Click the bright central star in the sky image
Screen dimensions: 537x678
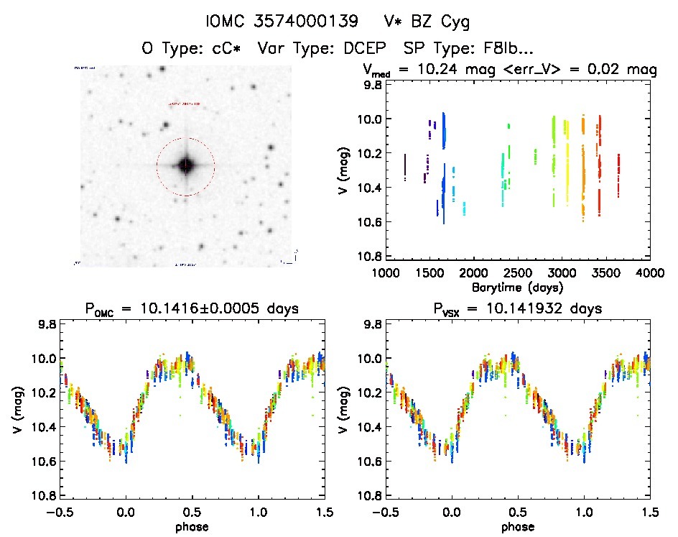point(186,165)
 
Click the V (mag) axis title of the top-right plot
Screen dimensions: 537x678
point(348,170)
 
